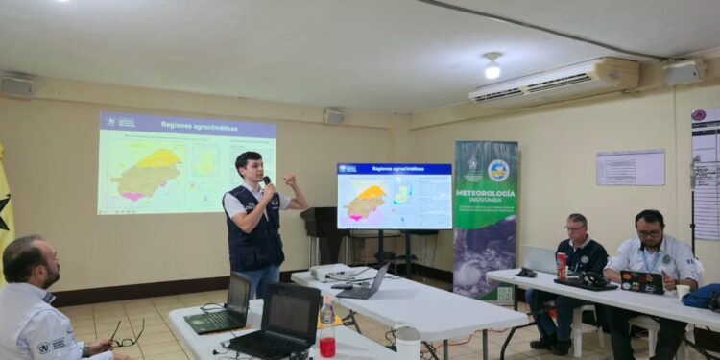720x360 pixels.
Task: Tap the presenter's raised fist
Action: (289, 180)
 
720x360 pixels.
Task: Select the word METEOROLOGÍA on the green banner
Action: (486, 193)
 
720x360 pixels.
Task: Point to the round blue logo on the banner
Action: (498, 170)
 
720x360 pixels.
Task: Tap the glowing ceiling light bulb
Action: (492, 69)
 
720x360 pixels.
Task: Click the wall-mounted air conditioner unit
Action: (554, 80)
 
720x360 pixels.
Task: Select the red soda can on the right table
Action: (562, 266)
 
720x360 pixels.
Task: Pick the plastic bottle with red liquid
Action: (327, 329)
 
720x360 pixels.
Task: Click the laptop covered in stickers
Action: (642, 281)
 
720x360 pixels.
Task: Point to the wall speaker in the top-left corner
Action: (16, 86)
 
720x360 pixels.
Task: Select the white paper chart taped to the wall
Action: (630, 167)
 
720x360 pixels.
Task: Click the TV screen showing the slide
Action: (394, 196)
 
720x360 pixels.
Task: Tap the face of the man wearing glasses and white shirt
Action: (650, 230)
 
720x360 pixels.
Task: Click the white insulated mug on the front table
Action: (408, 342)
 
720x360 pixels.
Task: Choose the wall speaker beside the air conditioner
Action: (683, 72)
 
